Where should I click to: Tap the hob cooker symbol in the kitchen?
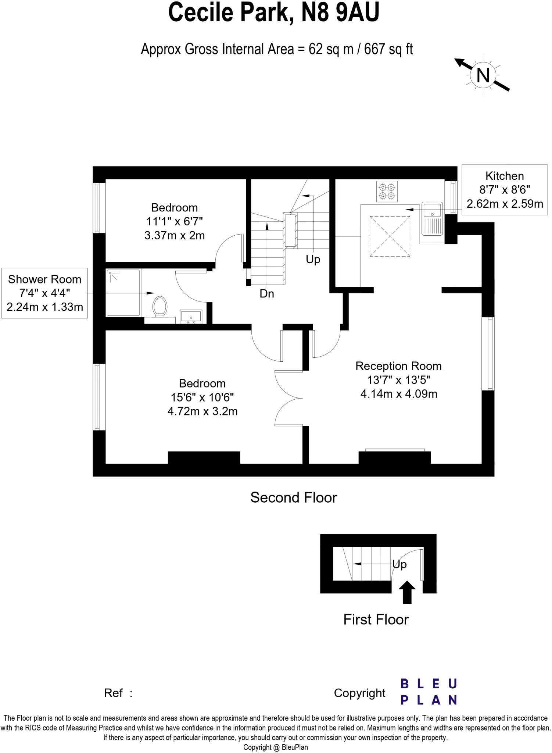pos(387,192)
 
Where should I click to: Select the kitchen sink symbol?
pos(432,218)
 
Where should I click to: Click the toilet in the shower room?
pos(160,306)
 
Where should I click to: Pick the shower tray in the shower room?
pos(123,293)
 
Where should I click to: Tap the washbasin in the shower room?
pos(191,317)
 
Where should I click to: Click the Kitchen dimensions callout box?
pos(504,190)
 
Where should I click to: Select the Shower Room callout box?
pos(44,293)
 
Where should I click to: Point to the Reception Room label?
pos(398,366)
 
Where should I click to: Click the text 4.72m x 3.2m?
pos(202,411)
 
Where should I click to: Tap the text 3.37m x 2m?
pos(175,235)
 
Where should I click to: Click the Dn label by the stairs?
pos(267,294)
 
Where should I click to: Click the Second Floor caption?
pos(293,497)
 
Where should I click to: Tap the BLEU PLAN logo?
pos(429,692)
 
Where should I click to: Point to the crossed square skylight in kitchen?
pos(390,236)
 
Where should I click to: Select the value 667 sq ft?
pos(388,49)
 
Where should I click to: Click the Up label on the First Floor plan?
pos(399,564)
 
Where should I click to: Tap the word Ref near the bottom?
pos(113,693)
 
